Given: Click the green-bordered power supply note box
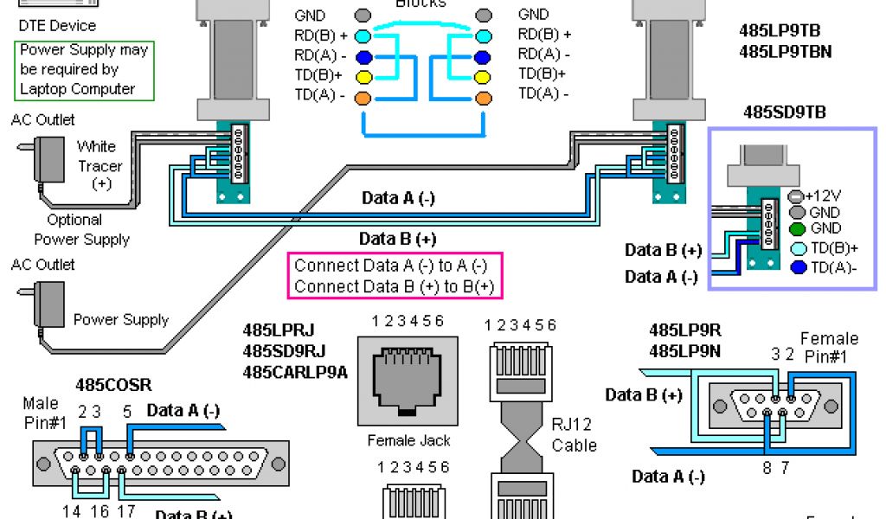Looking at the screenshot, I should coord(85,69).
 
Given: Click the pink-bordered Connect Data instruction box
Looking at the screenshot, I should coord(394,276).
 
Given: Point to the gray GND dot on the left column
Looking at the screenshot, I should coord(363,16).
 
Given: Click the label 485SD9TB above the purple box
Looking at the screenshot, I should coord(784,112).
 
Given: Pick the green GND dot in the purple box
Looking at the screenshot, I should coord(797,229).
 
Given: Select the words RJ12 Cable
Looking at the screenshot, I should coord(574,434).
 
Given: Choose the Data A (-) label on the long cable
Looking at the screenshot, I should coord(398,198).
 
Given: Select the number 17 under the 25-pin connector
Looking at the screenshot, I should coord(125,511).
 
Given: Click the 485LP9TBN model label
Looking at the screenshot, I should coord(786,51).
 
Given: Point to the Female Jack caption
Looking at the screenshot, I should coord(408,440).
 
